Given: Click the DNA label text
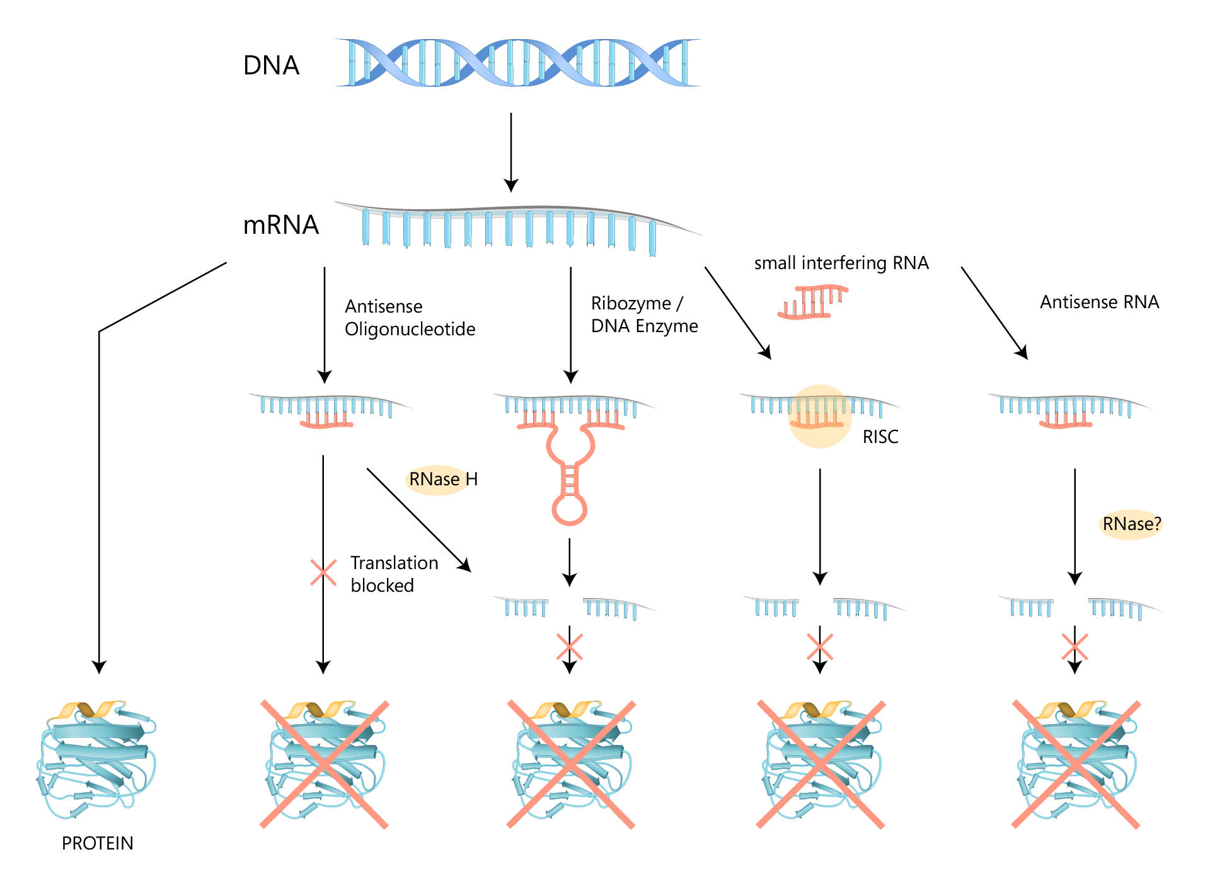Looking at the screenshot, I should tap(271, 66).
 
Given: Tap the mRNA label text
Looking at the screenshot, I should tap(280, 225).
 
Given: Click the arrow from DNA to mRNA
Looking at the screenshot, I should tap(511, 151).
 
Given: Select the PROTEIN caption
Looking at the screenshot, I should tap(97, 843).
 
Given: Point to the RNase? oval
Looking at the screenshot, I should tap(1131, 524).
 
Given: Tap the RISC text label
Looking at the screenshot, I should tap(880, 437).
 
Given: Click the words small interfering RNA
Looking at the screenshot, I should tap(841, 263).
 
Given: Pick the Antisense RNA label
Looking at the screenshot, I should tap(1099, 302).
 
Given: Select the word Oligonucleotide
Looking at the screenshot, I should tap(410, 329).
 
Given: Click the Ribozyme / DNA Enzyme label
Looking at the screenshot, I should tap(643, 314).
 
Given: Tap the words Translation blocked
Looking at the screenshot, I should tap(394, 574).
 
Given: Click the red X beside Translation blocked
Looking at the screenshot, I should tap(323, 573).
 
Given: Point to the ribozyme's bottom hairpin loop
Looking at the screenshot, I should tap(569, 509).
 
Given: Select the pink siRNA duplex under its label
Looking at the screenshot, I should tap(813, 302).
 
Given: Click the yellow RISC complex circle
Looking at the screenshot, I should tap(819, 416).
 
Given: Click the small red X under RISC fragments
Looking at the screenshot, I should tap(820, 647).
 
